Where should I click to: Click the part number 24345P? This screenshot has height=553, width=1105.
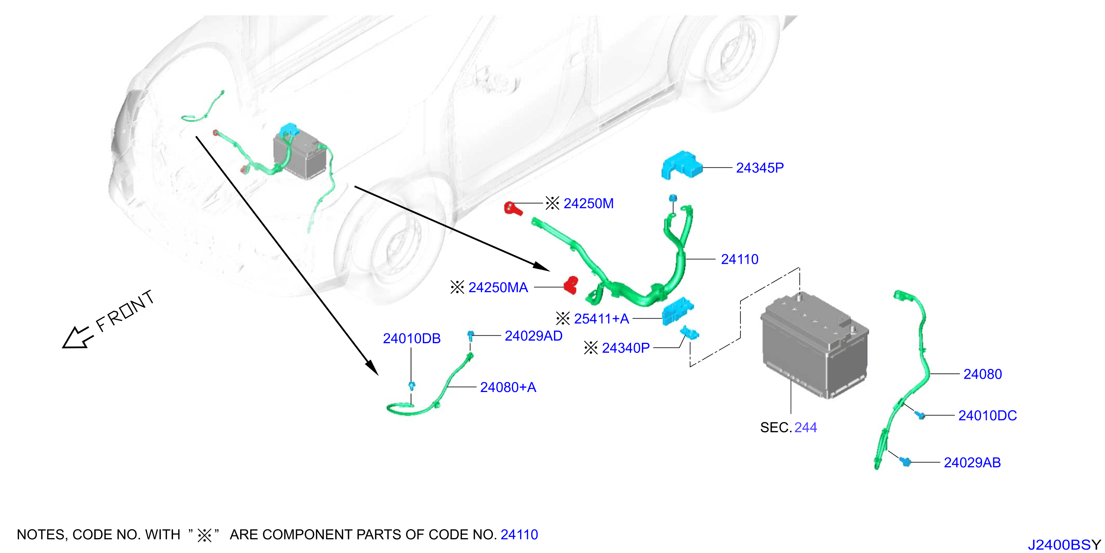tap(760, 168)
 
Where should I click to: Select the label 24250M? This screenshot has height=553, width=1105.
tap(589, 203)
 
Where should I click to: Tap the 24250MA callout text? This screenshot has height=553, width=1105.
tap(498, 288)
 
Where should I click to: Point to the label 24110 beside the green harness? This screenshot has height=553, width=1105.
tap(739, 259)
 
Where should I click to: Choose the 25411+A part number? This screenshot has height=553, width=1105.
tap(601, 319)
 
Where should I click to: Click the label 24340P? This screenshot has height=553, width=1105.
tap(626, 348)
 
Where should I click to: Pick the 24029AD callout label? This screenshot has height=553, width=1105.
tap(534, 336)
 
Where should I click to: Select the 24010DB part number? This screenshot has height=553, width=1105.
tap(412, 339)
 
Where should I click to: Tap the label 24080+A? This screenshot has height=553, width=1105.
tap(508, 388)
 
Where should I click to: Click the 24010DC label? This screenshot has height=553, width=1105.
tap(987, 415)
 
